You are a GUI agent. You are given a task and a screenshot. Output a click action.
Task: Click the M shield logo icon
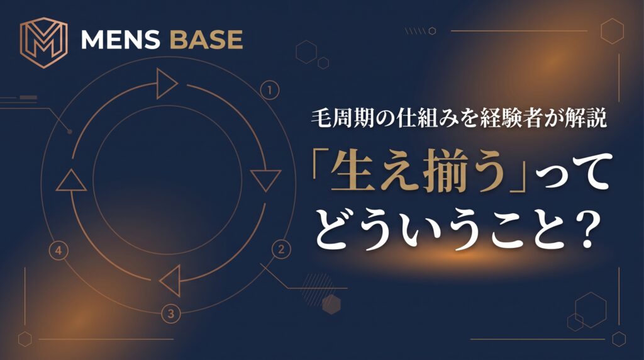(43, 42)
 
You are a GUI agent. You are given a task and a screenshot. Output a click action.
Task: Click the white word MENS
(120, 40)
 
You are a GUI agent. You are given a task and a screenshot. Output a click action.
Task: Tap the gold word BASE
(206, 40)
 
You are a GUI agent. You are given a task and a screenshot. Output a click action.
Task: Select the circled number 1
(269, 91)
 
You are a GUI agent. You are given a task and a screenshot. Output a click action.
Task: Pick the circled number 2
(281, 249)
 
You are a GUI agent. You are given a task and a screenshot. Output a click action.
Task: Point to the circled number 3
(171, 314)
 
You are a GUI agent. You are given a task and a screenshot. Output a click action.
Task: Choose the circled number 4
(58, 250)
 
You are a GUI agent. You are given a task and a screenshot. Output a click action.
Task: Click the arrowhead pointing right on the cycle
(167, 84)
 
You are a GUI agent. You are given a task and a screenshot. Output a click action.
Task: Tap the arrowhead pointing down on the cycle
(266, 180)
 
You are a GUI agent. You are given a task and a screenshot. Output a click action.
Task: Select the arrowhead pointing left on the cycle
(170, 281)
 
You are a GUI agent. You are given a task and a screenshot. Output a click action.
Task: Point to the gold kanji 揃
(441, 172)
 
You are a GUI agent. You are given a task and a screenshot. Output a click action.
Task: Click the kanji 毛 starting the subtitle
(321, 118)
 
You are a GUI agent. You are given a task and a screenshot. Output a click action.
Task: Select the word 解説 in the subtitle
(585, 118)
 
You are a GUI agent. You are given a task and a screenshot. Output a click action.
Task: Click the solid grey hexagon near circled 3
(331, 305)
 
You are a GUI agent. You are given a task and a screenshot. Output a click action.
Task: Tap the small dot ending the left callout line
(70, 132)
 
